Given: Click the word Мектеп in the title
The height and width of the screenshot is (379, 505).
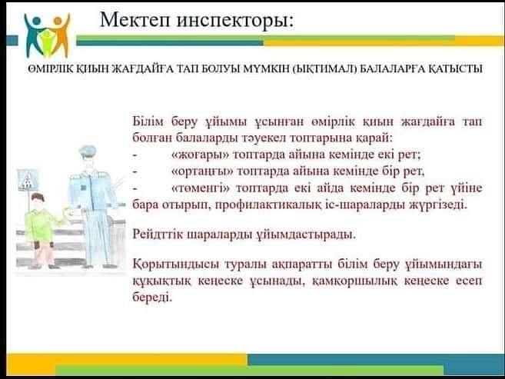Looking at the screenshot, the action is tap(135, 20).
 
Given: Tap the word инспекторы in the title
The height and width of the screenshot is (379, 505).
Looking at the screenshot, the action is tap(235, 21).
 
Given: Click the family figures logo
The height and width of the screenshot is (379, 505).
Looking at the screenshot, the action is tap(48, 35).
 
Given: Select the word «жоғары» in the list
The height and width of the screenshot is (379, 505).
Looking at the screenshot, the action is tap(200, 155).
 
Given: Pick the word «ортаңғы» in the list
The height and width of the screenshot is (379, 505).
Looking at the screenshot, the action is tap(202, 171).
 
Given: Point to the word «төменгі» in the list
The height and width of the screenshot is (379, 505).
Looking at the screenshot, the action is tap(201, 188).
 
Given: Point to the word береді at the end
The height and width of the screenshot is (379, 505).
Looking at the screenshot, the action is tap(152, 297).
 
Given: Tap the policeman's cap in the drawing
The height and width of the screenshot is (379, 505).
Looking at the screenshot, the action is tap(88, 151).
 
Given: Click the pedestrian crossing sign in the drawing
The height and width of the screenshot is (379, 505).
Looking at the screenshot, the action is tap(28, 180).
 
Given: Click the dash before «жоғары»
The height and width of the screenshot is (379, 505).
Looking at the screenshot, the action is tap(135, 155).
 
